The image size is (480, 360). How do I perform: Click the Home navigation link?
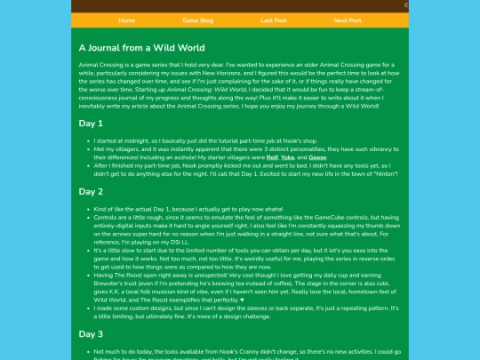point(127,20)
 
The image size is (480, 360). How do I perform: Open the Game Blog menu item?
point(198,20)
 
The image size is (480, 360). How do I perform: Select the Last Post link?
point(274,20)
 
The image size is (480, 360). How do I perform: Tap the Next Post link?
point(348,20)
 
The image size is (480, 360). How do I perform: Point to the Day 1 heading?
point(91,123)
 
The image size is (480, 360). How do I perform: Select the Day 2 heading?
point(91,191)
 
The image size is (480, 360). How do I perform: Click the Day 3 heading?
point(91,334)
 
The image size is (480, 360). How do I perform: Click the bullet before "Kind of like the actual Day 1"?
point(84,208)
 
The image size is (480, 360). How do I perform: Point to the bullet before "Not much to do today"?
point(84,351)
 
